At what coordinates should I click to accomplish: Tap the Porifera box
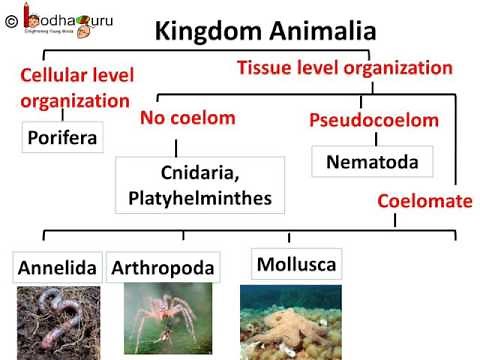coord(61,137)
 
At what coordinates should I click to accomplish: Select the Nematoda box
coord(371,161)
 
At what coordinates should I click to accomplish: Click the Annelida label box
coord(57,268)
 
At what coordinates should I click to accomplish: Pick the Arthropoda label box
coord(162,268)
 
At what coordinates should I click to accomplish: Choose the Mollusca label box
coord(295,264)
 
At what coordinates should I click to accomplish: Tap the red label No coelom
coord(187,118)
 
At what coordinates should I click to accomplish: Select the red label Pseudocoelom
coord(375,121)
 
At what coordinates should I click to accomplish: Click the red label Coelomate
coord(424,201)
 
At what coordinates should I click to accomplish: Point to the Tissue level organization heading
coord(344,68)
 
